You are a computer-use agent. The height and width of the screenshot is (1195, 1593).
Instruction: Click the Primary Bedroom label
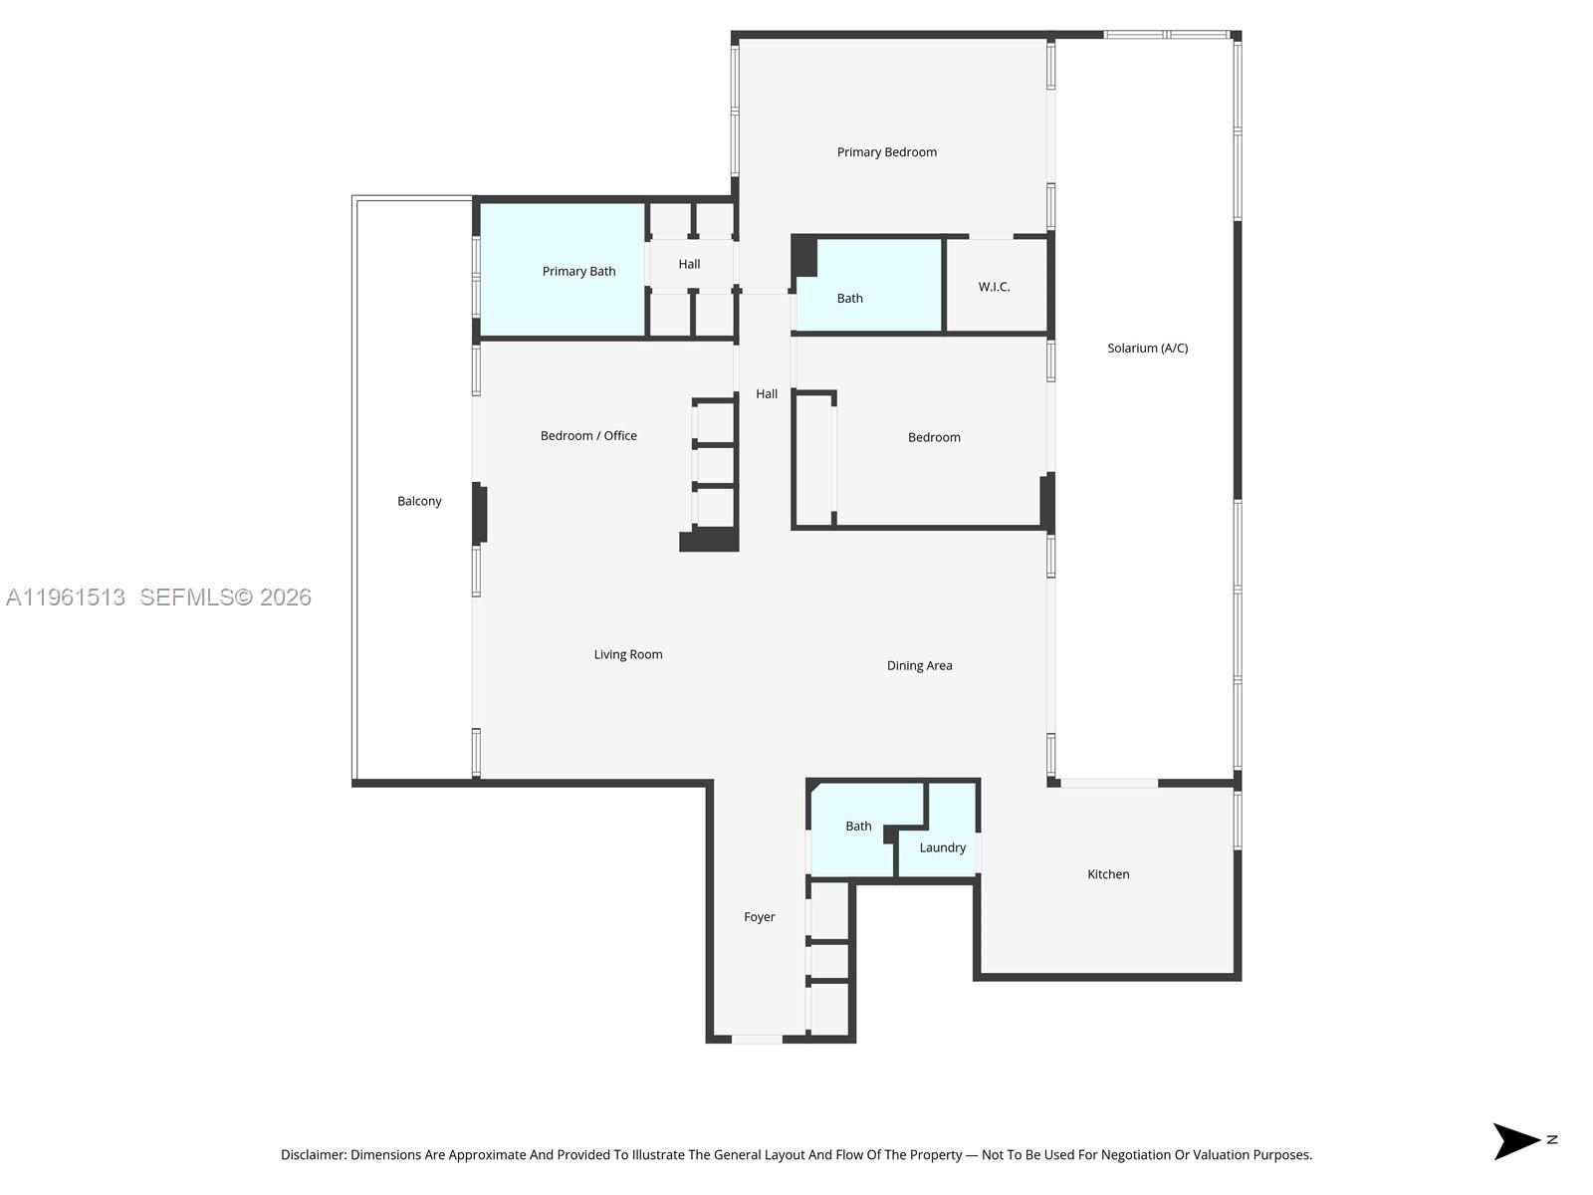[886, 152]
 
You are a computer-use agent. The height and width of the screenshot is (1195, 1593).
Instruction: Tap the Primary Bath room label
[578, 271]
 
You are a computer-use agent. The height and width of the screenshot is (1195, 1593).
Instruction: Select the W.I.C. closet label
[994, 287]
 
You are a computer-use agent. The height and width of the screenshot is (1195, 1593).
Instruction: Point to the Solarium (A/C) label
[1147, 348]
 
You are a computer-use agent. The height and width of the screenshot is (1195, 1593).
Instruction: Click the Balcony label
[419, 501]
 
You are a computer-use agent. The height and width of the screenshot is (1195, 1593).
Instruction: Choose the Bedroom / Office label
[588, 435]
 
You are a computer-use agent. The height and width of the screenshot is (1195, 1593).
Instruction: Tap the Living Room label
[627, 654]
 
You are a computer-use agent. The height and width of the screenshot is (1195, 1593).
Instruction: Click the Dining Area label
[919, 665]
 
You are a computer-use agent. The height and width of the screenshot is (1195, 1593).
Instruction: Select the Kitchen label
[1108, 874]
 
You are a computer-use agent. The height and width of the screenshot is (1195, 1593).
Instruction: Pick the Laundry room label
[942, 847]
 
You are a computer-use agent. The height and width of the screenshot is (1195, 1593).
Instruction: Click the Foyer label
[759, 917]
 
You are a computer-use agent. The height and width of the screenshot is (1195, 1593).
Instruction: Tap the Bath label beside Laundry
[858, 826]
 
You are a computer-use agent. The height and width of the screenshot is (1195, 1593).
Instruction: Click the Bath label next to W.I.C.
[849, 298]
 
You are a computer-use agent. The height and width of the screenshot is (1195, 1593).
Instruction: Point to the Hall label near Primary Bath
[689, 264]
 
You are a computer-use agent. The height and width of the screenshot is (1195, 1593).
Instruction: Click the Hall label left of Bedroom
[766, 393]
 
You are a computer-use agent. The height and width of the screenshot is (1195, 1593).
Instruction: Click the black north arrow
[1514, 1141]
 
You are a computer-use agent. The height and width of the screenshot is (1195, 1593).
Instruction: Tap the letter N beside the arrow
[1551, 1139]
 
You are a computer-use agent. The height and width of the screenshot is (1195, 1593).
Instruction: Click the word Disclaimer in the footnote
[313, 1155]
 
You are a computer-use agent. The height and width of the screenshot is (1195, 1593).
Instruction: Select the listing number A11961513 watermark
[66, 597]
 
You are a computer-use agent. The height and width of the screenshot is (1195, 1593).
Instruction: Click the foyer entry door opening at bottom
[757, 1039]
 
